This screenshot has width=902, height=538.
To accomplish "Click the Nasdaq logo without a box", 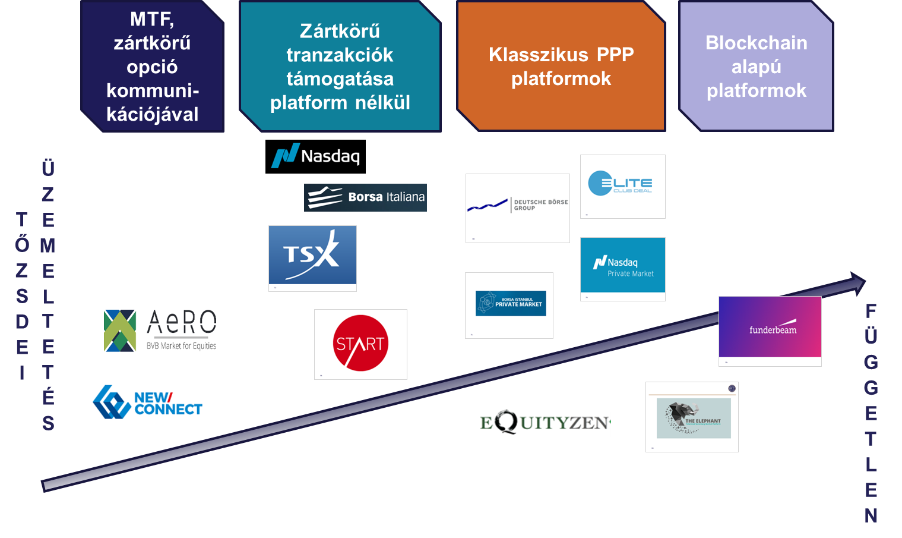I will pos(315,156).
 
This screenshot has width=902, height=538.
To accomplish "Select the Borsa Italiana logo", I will pos(365,197).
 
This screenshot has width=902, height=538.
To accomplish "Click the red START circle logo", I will pos(360,344).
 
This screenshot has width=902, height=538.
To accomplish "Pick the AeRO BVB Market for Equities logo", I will pos(160,338).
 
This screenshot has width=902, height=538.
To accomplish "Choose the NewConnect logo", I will pos(147,402).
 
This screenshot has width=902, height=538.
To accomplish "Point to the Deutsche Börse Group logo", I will pos(517,207).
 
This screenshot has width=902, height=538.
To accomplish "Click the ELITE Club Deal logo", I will pos(622,185).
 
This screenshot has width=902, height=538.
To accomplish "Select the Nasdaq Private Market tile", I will pos(622,268).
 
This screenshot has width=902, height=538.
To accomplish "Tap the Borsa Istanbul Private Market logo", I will pos(509,304).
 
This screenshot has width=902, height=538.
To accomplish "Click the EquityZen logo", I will pos(542,421).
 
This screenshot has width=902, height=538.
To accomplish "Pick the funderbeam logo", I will pos(770,329).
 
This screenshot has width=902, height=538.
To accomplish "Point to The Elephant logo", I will pos(692,417).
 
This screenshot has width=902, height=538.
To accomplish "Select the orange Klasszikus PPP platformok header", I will pos(561,66).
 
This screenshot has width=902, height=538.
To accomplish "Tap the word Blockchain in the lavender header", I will pos(756,43).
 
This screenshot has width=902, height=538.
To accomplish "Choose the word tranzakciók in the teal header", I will pos(340,55).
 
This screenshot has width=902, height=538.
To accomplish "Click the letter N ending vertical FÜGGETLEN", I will pos(871,515).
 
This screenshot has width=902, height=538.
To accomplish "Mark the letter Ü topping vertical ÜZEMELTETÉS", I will pos(48,168).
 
